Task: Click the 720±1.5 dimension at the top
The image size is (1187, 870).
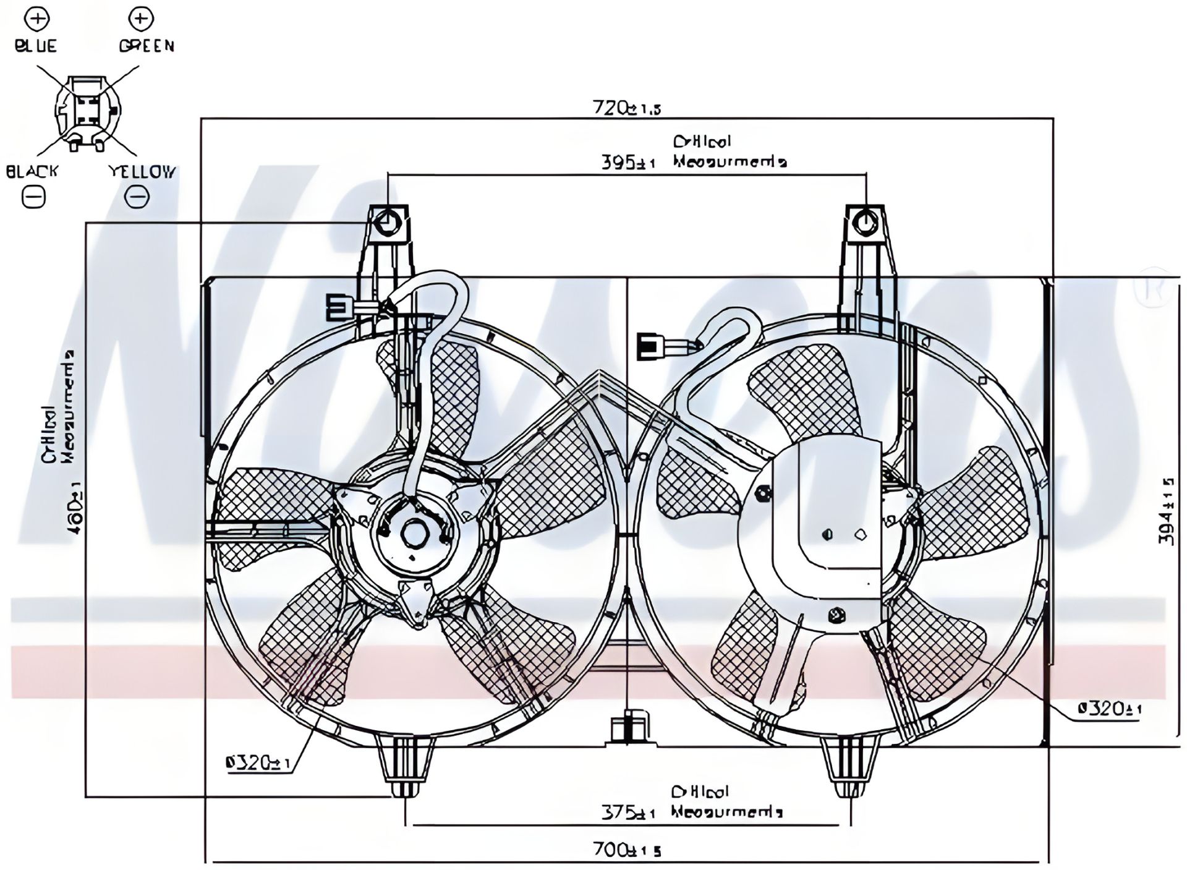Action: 626,108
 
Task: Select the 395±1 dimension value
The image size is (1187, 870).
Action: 628,163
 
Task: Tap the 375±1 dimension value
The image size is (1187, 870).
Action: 628,812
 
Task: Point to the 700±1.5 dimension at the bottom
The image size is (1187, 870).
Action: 626,850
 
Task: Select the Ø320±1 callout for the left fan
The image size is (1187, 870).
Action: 258,764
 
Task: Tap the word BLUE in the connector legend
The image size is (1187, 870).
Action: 35,46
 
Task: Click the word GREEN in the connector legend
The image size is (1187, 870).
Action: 147,46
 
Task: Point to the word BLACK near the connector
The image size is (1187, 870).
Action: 32,171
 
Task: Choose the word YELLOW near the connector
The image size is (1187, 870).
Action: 142,171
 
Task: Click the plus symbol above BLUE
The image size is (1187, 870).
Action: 36,19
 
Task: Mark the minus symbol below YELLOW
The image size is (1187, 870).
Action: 137,197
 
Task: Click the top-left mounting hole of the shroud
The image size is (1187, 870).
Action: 388,222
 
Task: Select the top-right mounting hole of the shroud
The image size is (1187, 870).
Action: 866,223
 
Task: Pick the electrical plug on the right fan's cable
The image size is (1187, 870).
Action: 651,346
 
